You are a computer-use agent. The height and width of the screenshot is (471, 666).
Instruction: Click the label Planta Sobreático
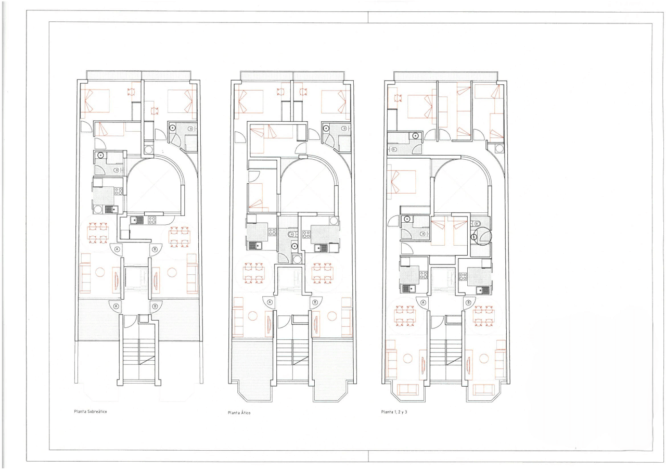tap(91, 412)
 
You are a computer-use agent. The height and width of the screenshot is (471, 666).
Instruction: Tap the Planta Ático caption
tap(239, 413)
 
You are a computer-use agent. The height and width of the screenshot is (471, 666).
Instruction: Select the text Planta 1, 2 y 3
tap(394, 412)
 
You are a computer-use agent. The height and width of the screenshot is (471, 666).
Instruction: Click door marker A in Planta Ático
tap(270, 302)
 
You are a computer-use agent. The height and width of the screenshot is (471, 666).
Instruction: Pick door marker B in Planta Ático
tap(315, 302)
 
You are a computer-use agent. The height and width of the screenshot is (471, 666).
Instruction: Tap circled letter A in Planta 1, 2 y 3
tap(424, 303)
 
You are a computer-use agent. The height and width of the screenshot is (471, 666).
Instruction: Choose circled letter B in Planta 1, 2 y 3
tap(469, 303)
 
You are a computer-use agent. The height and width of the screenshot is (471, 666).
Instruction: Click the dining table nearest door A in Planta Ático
tap(254, 273)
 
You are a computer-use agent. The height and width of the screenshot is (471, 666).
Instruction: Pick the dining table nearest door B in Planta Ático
tap(322, 273)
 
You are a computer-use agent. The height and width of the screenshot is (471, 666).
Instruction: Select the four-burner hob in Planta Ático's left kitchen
tap(272, 232)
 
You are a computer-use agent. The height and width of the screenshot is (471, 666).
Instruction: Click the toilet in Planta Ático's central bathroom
tap(291, 235)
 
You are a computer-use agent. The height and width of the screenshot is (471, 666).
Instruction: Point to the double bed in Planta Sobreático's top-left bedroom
tap(95, 101)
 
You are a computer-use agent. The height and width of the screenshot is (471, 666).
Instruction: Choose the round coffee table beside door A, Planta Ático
tap(253, 316)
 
